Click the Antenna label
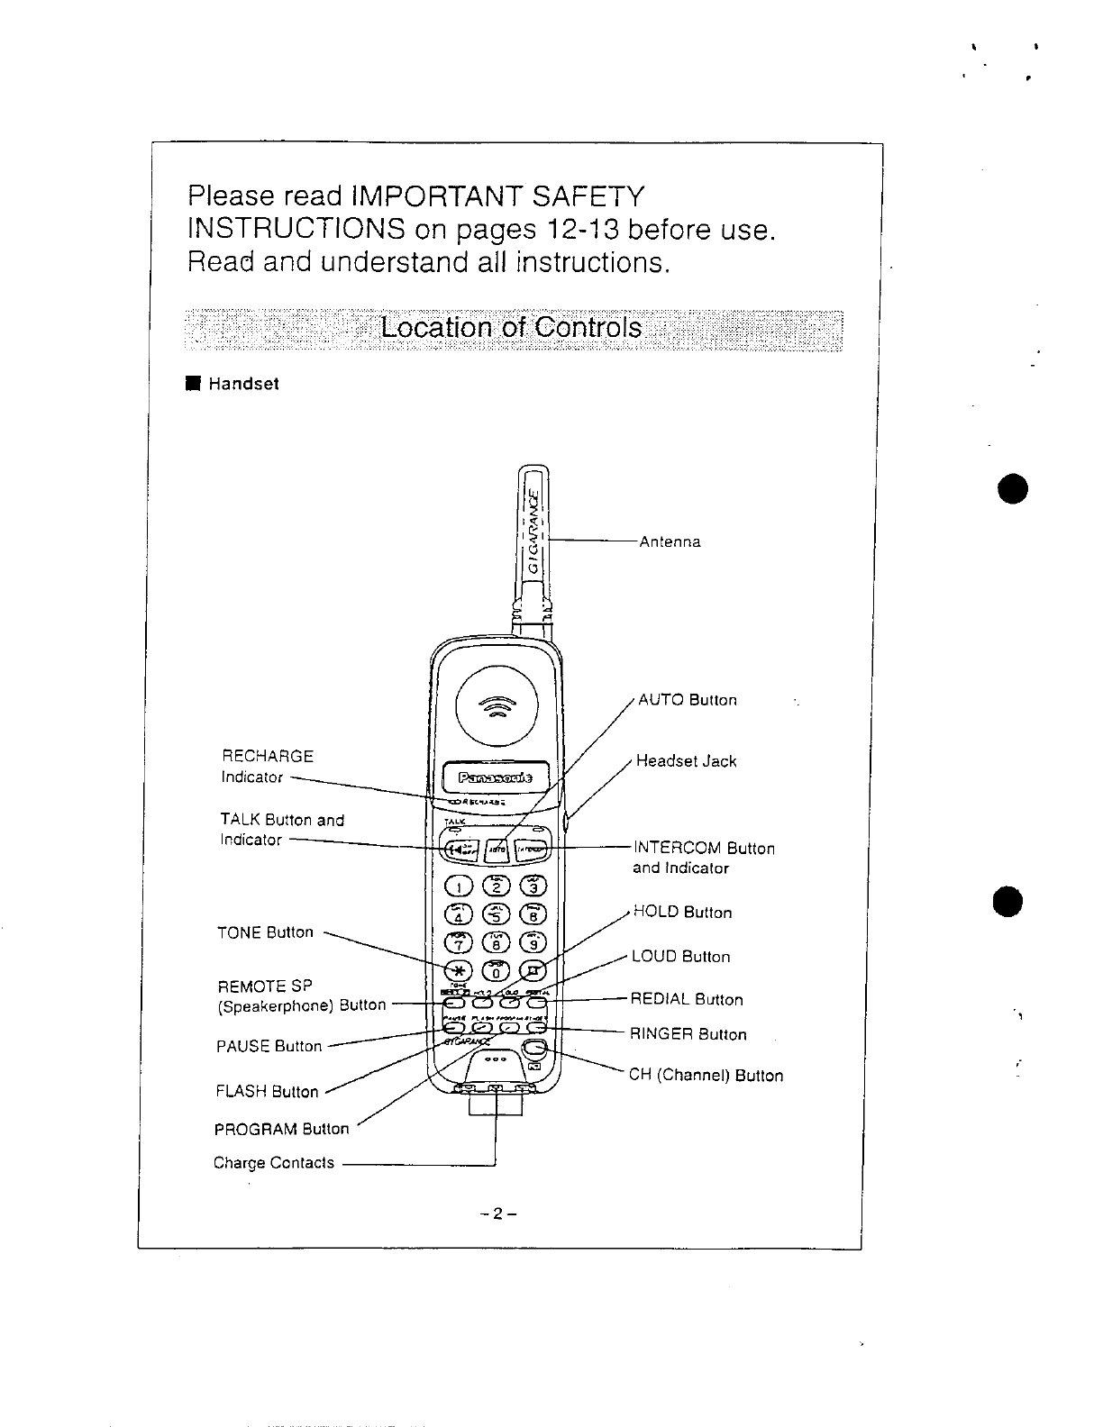click(x=670, y=542)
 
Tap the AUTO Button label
click(x=687, y=700)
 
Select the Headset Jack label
click(x=686, y=761)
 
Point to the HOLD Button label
click(x=682, y=913)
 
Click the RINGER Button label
click(x=688, y=1034)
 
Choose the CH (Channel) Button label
click(x=706, y=1076)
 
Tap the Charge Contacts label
click(x=274, y=1163)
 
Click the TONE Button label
click(x=265, y=932)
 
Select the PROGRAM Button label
click(x=281, y=1129)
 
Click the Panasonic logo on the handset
click(x=495, y=777)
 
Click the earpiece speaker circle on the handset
click(x=495, y=706)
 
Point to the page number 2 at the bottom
click(x=497, y=1213)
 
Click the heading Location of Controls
click(x=511, y=327)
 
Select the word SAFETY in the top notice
click(x=588, y=195)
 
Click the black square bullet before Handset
click(x=192, y=384)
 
